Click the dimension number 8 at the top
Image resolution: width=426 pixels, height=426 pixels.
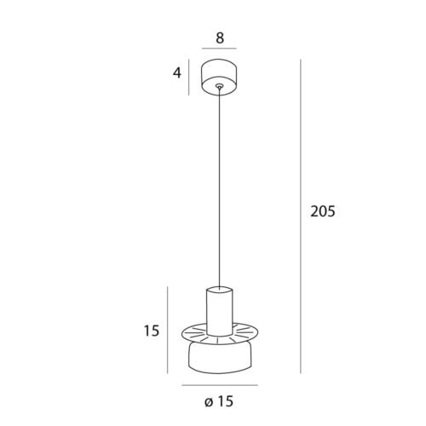220,38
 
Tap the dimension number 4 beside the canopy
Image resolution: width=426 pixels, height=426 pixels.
177,73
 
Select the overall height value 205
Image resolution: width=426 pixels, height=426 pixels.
323,211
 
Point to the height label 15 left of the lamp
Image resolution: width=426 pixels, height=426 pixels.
152,331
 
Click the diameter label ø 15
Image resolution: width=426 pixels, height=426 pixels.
219,401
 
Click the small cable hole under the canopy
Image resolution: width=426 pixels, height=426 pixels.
219,85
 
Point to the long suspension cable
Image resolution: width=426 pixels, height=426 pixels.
219,187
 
